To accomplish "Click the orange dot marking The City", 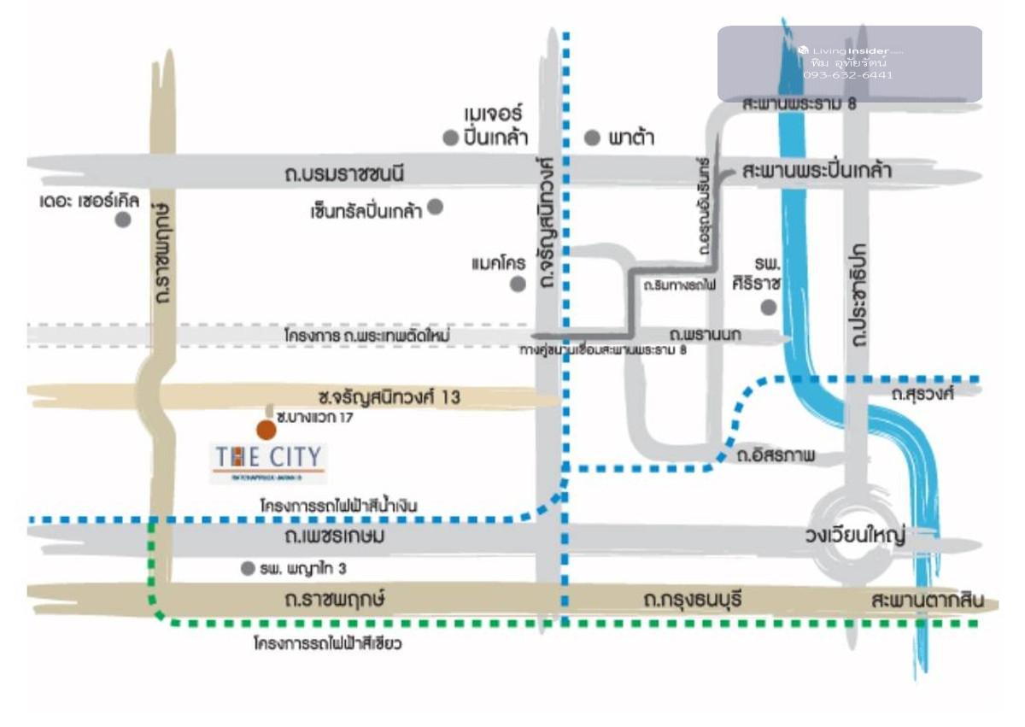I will [x=266, y=430].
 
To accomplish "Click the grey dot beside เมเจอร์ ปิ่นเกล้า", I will [x=450, y=138].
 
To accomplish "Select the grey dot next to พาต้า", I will [x=592, y=138].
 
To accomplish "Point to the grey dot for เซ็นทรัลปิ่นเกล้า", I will [x=435, y=206].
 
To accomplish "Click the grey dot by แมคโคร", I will [x=518, y=284].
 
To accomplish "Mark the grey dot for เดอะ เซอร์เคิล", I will [x=123, y=220].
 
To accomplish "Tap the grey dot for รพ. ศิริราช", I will [x=770, y=308].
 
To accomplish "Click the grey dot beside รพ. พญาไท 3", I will [x=248, y=568].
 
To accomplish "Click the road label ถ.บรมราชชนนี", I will [x=343, y=174].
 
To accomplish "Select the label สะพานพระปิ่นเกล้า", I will [x=817, y=171].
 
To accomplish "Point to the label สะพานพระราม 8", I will [x=799, y=104].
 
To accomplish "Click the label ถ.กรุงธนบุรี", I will [x=693, y=601].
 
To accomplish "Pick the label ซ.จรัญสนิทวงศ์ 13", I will [x=389, y=396].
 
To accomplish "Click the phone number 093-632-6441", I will [x=848, y=75].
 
